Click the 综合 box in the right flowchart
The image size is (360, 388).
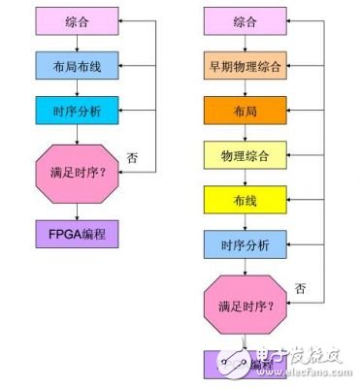(x=245, y=20)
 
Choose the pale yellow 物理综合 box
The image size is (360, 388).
(x=245, y=154)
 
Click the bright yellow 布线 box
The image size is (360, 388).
(x=245, y=199)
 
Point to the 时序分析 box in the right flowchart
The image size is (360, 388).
(x=245, y=243)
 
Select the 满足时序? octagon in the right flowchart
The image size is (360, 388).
(x=245, y=304)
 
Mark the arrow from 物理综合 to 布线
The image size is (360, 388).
(x=245, y=177)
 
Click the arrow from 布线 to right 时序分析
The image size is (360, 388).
(x=245, y=221)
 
